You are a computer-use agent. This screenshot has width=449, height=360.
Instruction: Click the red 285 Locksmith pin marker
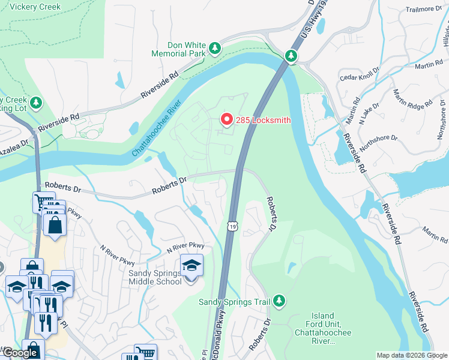pos(227,119)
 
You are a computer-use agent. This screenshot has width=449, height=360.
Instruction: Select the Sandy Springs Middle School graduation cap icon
pos(191,265)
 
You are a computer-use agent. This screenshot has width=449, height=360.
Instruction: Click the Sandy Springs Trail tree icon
pos(279,300)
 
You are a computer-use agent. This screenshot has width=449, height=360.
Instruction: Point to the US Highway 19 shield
pos(233,226)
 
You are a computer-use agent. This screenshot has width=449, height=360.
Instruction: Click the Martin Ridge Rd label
pos(412,98)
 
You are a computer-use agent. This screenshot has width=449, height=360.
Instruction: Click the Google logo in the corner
pos(20,353)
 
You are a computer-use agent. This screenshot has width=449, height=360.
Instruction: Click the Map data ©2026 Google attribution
pos(412,355)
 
